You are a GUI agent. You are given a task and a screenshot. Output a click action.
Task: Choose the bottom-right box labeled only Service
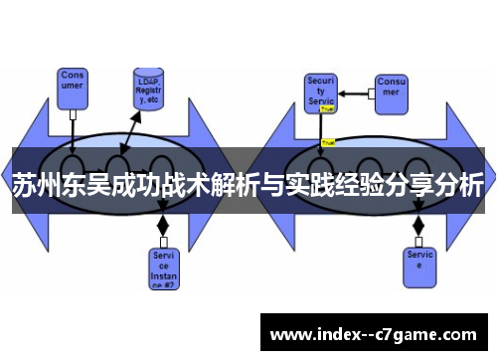click(x=419, y=261)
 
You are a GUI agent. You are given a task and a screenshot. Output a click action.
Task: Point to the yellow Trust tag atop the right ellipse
click(x=328, y=142)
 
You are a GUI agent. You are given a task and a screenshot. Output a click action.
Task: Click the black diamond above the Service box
click(x=418, y=224)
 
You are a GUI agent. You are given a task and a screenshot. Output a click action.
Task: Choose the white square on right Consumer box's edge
click(x=370, y=92)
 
